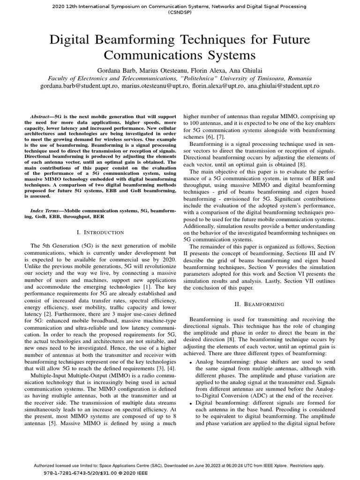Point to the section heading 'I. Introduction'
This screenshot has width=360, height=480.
(x=100, y=232)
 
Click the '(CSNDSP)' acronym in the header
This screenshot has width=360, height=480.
(x=180, y=13)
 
